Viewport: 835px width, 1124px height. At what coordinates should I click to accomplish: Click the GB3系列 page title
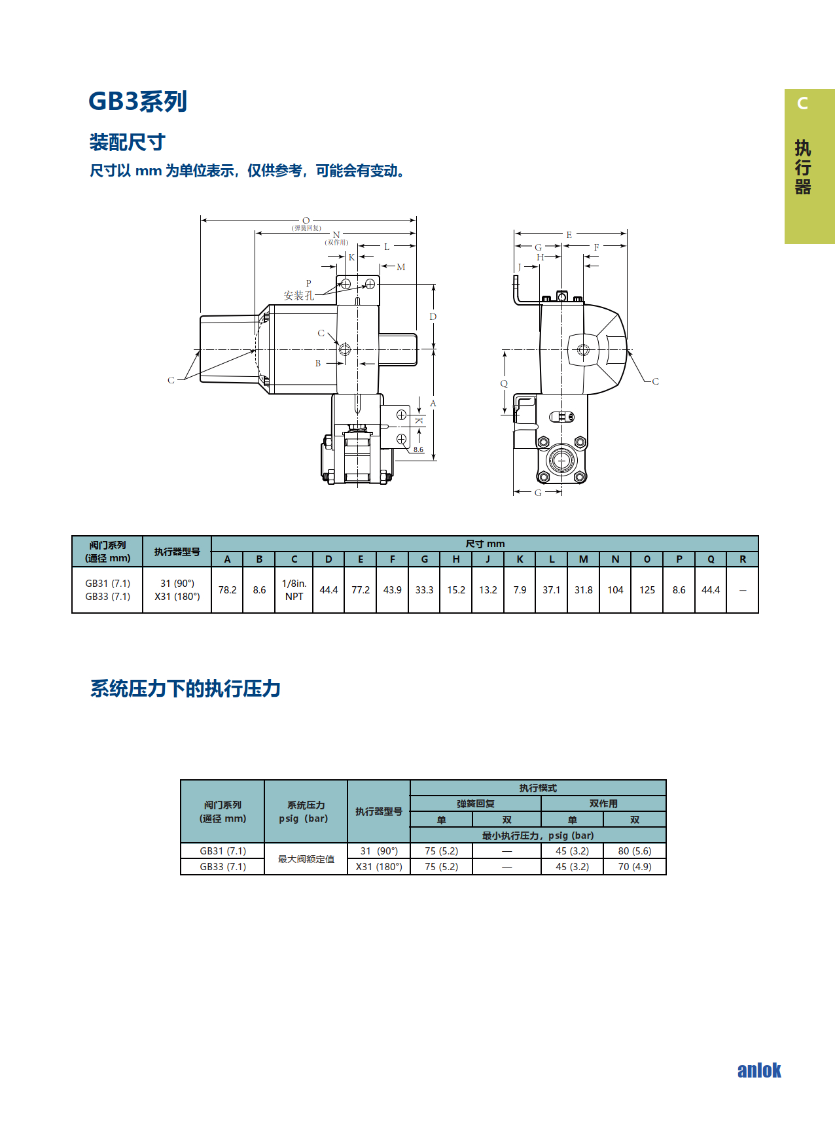137,101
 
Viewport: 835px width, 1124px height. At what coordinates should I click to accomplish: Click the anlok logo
759,1070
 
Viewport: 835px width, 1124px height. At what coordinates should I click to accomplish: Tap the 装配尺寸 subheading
128,142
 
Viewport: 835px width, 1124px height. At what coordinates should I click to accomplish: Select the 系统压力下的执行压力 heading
185,688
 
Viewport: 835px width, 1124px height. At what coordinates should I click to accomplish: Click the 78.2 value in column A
228,589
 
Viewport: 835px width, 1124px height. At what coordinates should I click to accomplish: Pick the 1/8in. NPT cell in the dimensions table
294,589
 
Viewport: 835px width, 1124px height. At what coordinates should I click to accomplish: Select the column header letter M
584,559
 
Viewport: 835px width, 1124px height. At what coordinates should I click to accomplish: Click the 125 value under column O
647,589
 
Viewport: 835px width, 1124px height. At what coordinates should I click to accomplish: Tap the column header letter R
743,559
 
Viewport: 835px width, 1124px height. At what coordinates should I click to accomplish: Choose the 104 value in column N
615,589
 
